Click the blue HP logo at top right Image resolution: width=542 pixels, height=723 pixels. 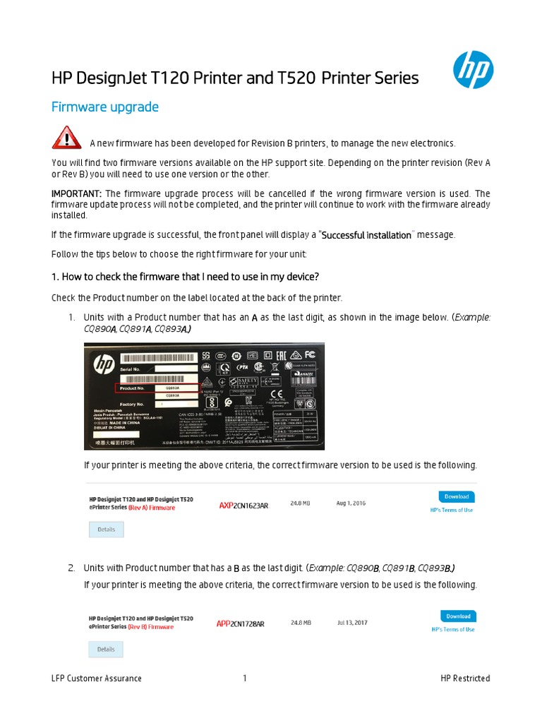pyautogui.click(x=472, y=70)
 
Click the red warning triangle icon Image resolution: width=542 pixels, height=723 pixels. pyautogui.click(x=66, y=138)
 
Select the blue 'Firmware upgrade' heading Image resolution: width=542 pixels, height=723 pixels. pyautogui.click(x=105, y=107)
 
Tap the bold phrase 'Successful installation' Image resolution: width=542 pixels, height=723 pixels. pyautogui.click(x=366, y=235)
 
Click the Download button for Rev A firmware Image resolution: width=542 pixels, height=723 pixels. pyautogui.click(x=456, y=496)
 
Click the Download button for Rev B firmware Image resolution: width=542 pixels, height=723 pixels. pyautogui.click(x=457, y=616)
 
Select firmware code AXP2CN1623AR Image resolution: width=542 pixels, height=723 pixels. pyautogui.click(x=243, y=506)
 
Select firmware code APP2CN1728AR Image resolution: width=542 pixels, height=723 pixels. pyautogui.click(x=241, y=624)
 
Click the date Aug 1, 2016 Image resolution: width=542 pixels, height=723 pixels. pyautogui.click(x=352, y=503)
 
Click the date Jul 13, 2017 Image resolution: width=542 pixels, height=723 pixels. pyautogui.click(x=352, y=623)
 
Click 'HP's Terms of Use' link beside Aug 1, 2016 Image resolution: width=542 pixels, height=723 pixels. pyautogui.click(x=452, y=510)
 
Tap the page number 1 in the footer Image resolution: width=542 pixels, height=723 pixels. pyautogui.click(x=245, y=679)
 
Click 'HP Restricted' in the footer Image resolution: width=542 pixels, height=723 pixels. pyautogui.click(x=464, y=679)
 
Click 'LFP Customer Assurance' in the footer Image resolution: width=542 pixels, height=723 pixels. pyautogui.click(x=97, y=679)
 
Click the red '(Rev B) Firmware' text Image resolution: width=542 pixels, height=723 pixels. pyautogui.click(x=150, y=626)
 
